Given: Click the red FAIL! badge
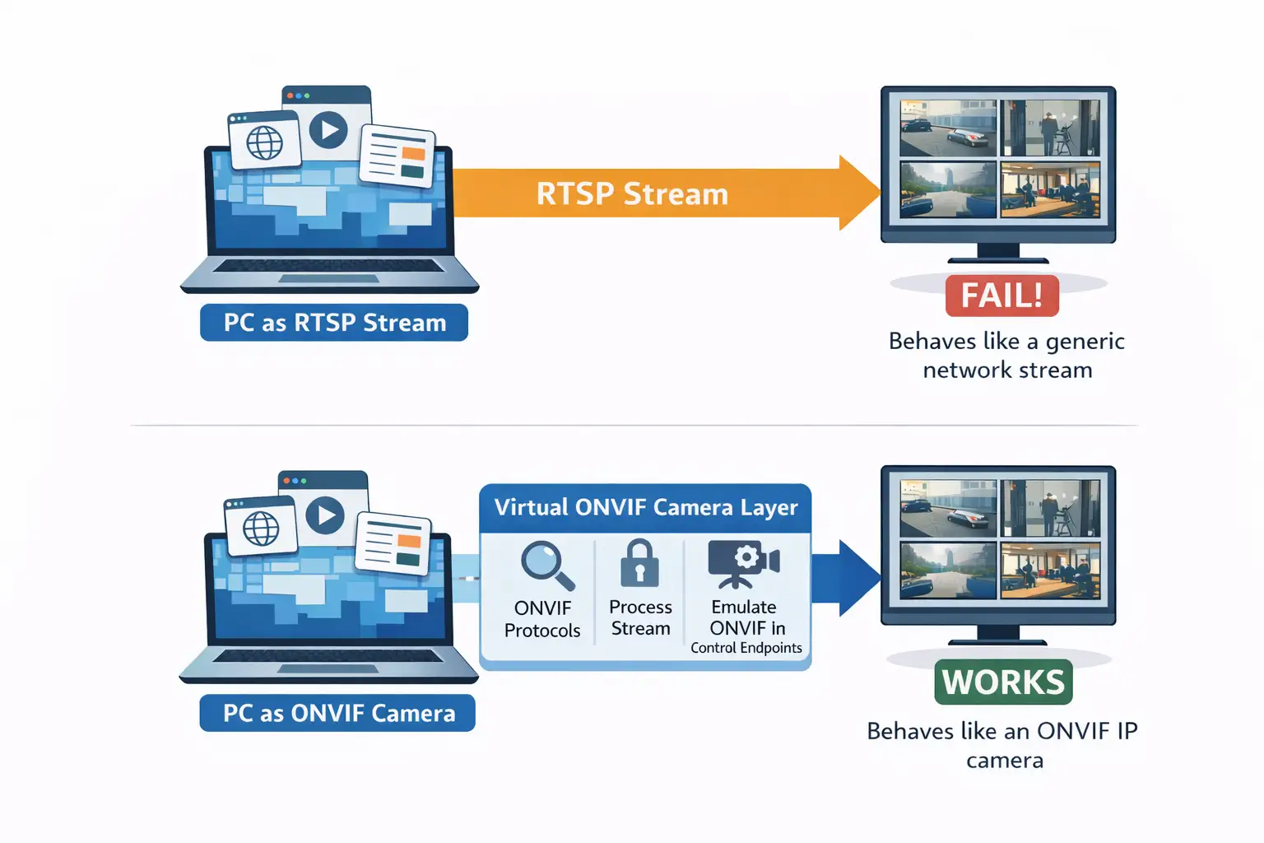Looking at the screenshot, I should point(1001,296).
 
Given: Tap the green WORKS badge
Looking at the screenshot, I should point(1003,682).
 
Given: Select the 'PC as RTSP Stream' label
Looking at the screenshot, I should point(334,323).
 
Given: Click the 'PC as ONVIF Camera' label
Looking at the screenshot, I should point(337,713).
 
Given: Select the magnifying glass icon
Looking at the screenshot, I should point(546,566).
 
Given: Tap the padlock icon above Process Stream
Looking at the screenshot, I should point(639,564).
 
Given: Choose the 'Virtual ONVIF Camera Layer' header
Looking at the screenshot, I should point(645,507).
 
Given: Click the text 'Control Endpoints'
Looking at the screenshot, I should point(746,648).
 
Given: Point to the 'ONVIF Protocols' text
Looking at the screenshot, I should point(542,619).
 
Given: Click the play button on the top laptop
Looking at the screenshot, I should point(328,130).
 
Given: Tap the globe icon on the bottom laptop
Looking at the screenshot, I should point(261,529).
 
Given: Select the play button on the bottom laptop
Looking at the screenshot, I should point(325,515).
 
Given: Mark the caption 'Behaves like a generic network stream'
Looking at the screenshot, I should point(1006,356).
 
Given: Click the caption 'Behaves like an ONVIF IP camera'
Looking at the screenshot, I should point(1003,745).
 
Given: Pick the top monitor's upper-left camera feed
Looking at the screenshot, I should point(948,128).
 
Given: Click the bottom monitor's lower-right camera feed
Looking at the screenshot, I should point(1050,570).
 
